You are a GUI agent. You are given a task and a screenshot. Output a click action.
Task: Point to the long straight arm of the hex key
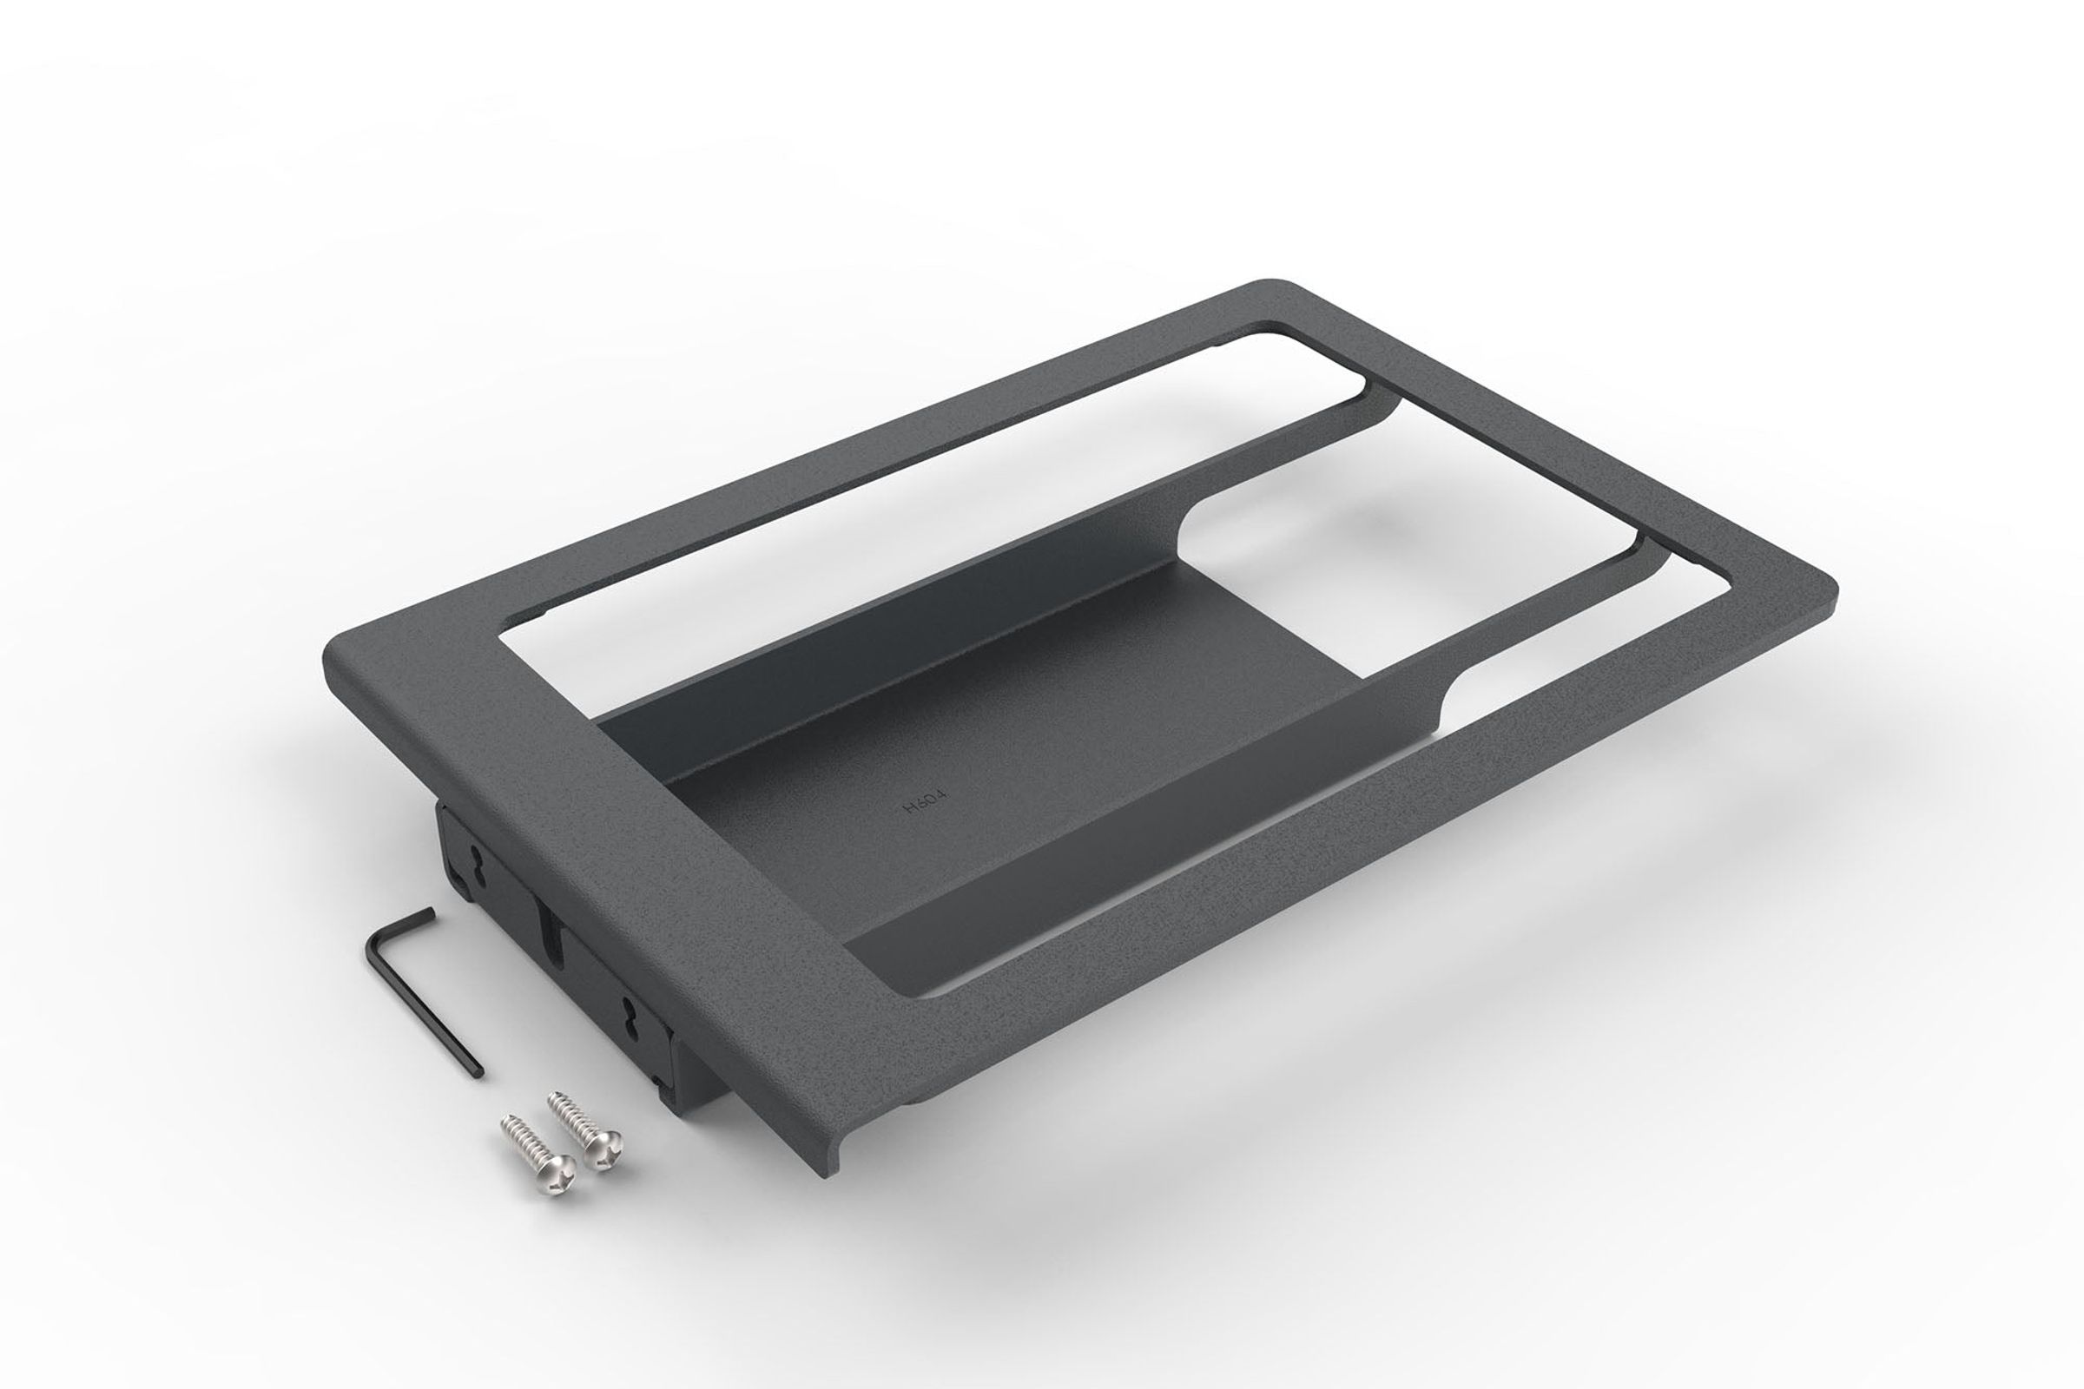[x=425, y=1010]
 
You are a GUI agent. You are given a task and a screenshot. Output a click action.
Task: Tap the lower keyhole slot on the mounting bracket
[x=631, y=1013]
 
